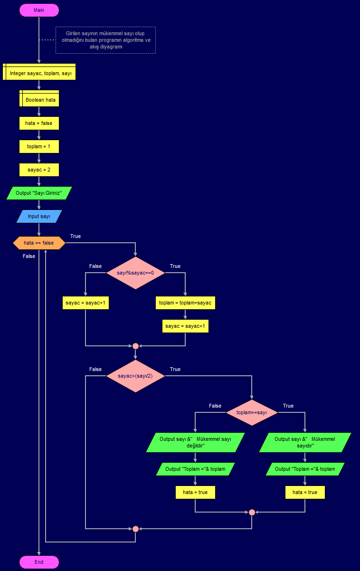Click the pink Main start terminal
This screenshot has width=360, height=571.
click(x=39, y=10)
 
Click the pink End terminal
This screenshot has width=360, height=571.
click(x=39, y=562)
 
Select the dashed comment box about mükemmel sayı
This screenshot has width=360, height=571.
click(x=105, y=40)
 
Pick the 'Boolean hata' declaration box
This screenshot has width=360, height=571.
click(x=40, y=100)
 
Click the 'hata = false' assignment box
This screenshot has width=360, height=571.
click(x=39, y=124)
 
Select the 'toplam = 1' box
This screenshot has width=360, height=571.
click(x=39, y=147)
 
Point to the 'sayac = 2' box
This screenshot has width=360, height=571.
click(x=39, y=170)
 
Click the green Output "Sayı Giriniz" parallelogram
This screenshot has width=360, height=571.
click(x=39, y=193)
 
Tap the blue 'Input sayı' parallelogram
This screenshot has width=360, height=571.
click(x=39, y=217)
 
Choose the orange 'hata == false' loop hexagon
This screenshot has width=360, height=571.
click(x=39, y=243)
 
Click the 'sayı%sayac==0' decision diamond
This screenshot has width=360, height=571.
click(x=135, y=273)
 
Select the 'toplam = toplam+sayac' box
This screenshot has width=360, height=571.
click(x=185, y=303)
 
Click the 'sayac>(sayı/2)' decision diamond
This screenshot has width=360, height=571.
click(x=135, y=376)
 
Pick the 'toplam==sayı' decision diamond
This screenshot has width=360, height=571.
click(x=252, y=412)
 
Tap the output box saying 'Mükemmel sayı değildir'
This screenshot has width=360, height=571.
click(x=195, y=442)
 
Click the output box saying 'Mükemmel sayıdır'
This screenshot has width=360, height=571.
click(x=305, y=442)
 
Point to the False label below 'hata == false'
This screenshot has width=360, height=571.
click(x=29, y=256)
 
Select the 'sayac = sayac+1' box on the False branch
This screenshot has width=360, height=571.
click(x=85, y=303)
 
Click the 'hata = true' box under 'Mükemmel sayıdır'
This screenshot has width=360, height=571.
click(x=305, y=492)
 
